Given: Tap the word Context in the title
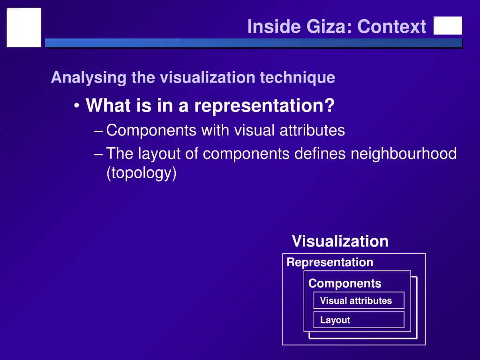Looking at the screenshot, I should [391, 27].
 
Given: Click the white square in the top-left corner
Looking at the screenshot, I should [24, 27].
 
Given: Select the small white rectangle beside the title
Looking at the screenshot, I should [448, 26].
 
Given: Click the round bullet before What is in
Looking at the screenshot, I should [76, 106].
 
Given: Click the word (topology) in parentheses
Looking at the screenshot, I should [142, 173].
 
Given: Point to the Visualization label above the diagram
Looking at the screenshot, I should [340, 241].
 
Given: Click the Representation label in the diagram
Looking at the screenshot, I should [330, 262].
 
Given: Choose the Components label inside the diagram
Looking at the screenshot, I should [345, 284].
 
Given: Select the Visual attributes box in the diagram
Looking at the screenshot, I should [359, 300].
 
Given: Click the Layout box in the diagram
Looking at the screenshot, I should [359, 320].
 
